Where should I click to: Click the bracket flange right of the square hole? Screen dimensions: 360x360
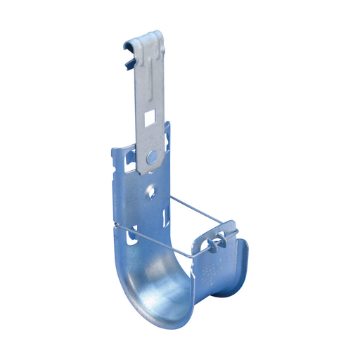coord(167,134)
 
